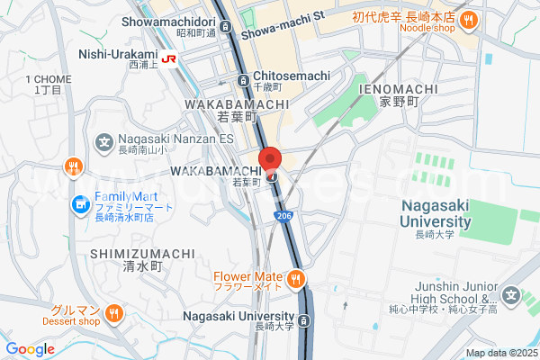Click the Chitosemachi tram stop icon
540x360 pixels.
coord(243,80)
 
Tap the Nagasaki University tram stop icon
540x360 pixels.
coord(305,321)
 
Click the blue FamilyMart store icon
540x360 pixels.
coord(80,204)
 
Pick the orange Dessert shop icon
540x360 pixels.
coord(113,313)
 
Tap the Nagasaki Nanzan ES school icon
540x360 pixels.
coord(103,141)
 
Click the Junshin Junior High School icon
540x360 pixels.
coord(512,295)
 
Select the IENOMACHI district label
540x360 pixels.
coord(398,89)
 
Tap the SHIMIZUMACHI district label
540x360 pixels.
coord(142,254)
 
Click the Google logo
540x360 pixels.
coord(30,349)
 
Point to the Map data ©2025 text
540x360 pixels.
coord(501,353)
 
